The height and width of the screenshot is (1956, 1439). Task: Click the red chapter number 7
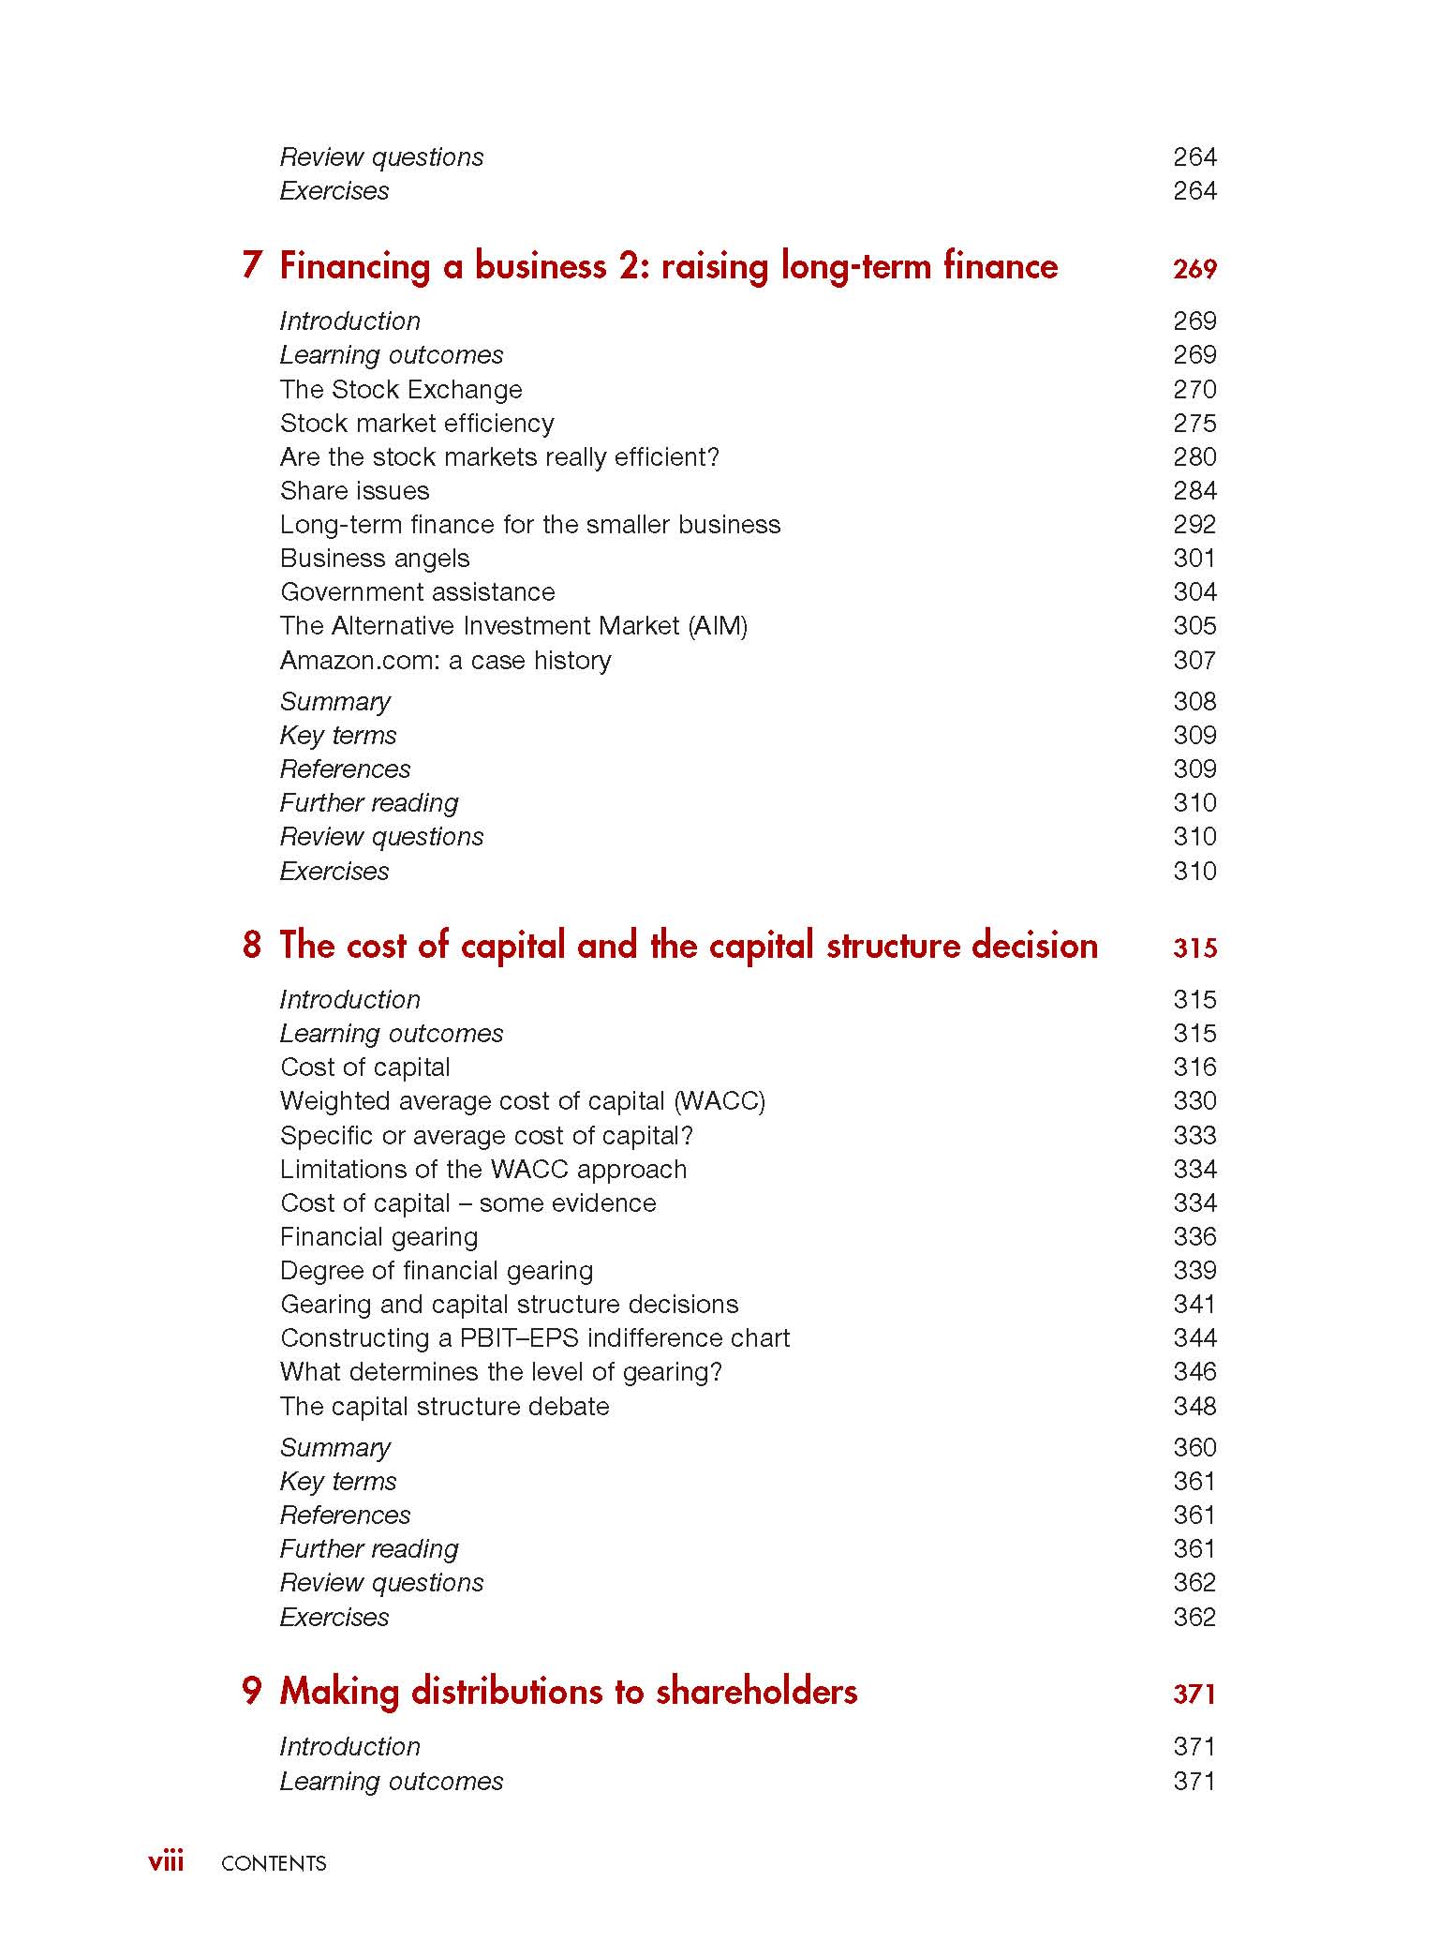251,266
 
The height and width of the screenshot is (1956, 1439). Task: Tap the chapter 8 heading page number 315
1194,948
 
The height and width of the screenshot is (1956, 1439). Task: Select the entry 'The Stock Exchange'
401,389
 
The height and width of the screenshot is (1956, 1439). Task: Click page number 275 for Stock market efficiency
1194,423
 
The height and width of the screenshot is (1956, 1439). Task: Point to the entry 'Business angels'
375,559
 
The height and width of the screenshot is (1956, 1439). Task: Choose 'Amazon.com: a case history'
445,660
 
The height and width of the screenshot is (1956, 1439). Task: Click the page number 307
1194,660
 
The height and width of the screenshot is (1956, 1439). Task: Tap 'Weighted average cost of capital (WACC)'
523,1100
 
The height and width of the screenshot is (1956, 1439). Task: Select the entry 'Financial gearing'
378,1236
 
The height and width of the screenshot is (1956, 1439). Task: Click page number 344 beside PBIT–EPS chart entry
1194,1337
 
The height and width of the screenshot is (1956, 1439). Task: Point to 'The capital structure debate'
444,1406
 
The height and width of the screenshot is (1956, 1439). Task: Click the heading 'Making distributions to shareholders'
569,1692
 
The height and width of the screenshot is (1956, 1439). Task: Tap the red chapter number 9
251,1692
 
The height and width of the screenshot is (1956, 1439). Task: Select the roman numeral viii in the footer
166,1861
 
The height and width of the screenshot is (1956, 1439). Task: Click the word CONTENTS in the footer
274,1863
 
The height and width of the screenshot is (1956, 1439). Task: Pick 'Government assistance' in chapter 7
417,592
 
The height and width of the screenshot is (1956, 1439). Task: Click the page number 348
1194,1406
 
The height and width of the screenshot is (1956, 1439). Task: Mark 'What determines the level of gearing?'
501,1372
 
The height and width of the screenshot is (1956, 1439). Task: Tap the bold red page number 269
1194,269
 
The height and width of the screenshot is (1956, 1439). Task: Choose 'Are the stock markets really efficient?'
499,457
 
